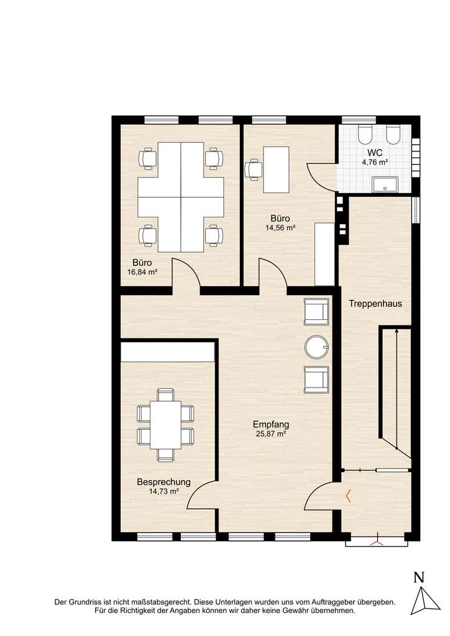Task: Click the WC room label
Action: pos(375,153)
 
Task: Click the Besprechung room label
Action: pos(163,482)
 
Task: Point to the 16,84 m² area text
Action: pos(142,272)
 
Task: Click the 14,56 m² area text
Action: pos(281,228)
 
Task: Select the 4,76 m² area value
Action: pos(375,163)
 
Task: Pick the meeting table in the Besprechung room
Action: pos(165,425)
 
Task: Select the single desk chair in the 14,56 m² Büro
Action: pos(254,169)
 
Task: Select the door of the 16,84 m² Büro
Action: pos(185,275)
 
